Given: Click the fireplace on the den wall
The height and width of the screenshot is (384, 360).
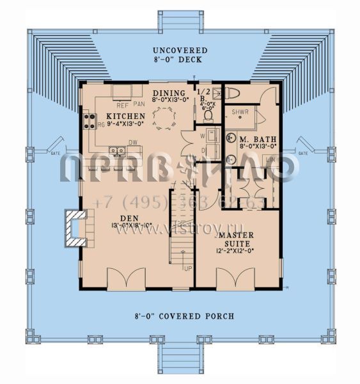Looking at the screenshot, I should point(75,229).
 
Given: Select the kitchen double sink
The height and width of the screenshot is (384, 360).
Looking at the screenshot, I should point(116,152).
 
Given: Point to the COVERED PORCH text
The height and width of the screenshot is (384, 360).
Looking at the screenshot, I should point(175,316).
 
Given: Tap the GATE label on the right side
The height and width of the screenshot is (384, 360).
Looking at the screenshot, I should point(303,154).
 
